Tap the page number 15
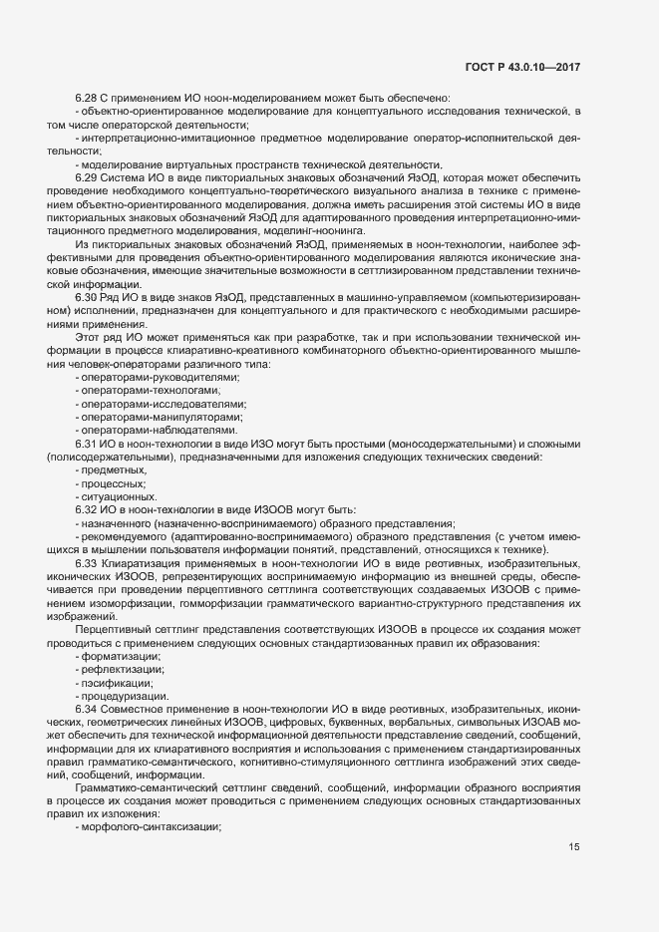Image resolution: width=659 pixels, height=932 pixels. pyautogui.click(x=573, y=847)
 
